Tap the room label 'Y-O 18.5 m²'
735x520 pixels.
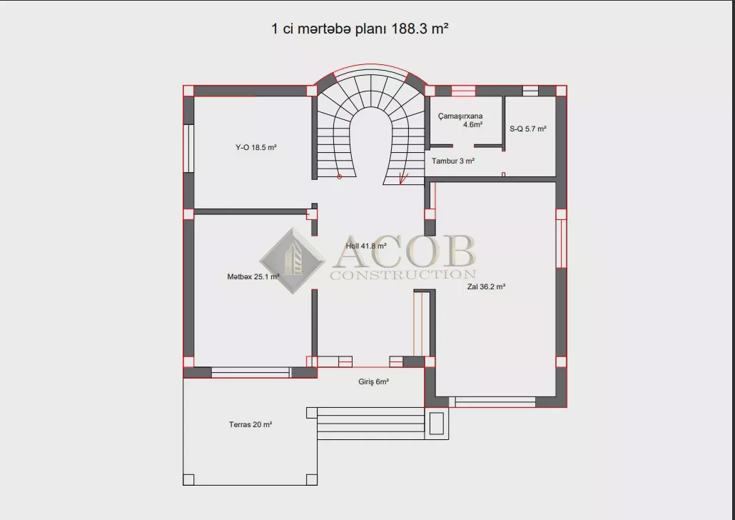[x=256, y=147]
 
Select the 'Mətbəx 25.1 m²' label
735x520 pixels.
[x=253, y=277]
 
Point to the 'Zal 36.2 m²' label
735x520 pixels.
[x=486, y=286]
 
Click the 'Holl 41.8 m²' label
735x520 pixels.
[x=366, y=246]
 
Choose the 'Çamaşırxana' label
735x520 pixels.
[x=460, y=116]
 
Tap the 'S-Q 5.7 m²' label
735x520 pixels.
[x=528, y=129]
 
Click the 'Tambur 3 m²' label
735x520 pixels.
[x=453, y=161]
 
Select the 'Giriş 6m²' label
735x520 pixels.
[x=374, y=382]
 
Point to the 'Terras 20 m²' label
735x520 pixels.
[x=250, y=425]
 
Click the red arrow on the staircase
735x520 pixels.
[x=402, y=179]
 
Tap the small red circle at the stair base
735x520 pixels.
[x=340, y=177]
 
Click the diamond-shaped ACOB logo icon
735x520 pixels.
[x=293, y=261]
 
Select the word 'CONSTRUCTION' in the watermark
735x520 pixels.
[x=403, y=274]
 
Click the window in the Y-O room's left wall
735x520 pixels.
[x=188, y=149]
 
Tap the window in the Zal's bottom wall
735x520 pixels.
[x=495, y=401]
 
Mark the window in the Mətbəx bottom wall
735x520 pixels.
[x=250, y=373]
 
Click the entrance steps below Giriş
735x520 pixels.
[x=371, y=424]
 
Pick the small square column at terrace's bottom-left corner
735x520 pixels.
[x=188, y=479]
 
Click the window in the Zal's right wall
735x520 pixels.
[x=561, y=244]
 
